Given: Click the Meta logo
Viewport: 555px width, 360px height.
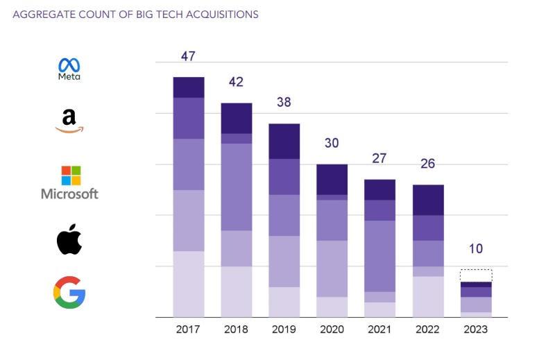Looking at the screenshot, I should point(69,69).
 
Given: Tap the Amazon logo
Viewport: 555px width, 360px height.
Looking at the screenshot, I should point(69,121).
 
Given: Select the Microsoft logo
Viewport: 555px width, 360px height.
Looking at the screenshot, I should point(69,182).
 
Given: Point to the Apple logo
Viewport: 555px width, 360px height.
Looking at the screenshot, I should point(69,239).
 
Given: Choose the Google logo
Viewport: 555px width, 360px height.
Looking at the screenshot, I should point(69,292).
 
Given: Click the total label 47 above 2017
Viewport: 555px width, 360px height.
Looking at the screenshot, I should point(188,56).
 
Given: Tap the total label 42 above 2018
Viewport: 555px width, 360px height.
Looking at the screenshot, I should point(236,82).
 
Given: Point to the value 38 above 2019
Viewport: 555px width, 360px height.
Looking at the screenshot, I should point(284,103).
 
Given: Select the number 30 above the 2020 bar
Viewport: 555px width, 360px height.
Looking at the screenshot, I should point(332,144).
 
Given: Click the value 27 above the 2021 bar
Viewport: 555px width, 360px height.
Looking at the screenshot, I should point(379,159).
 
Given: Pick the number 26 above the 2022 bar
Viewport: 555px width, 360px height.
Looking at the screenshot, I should point(427,164).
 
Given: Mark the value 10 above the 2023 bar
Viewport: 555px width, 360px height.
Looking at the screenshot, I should point(475,249).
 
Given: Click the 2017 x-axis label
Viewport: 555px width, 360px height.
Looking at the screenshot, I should point(188,329).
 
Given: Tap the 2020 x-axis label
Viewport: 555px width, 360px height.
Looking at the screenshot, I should point(332,329).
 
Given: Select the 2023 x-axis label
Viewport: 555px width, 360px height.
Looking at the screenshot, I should point(475,329).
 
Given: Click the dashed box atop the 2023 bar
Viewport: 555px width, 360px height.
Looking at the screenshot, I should point(476,275).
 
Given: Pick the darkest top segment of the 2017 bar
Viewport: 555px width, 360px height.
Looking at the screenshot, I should point(189,87).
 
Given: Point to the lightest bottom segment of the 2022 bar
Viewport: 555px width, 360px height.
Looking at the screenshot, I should point(428,297).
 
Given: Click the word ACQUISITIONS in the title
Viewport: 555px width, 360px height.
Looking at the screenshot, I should point(219,14).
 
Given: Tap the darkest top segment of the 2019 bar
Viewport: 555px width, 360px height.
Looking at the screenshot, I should point(284,141).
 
